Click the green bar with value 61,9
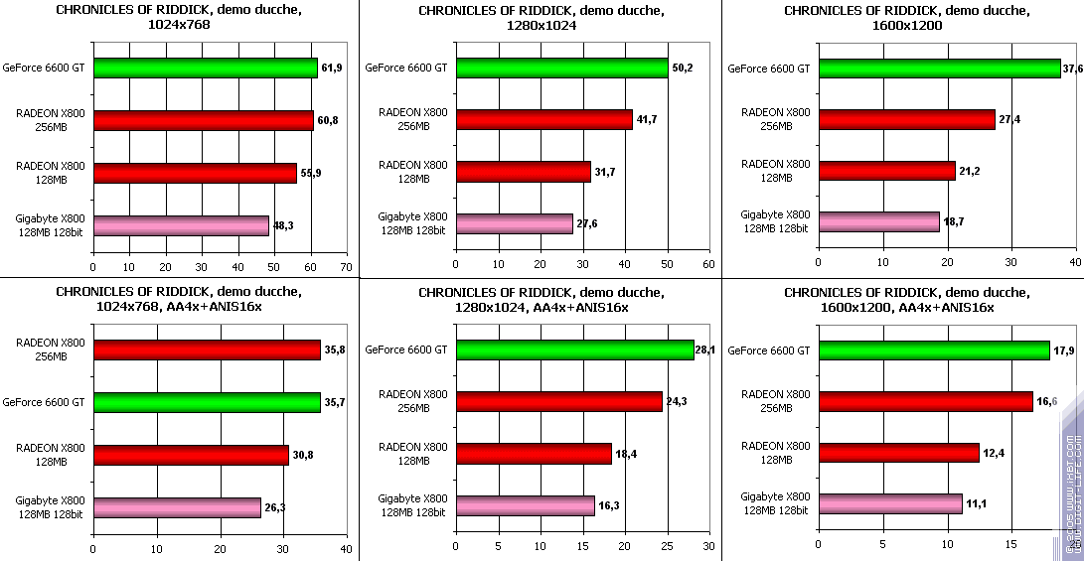[x=205, y=69]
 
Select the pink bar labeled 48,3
[x=181, y=225]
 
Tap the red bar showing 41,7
[x=543, y=120]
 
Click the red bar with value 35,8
[x=206, y=350]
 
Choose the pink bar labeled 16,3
[x=525, y=505]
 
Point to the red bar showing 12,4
[x=898, y=453]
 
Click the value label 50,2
[x=681, y=68]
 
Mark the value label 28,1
[x=706, y=349]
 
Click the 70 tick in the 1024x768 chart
[x=346, y=267]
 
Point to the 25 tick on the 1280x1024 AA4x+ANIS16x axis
[x=667, y=547]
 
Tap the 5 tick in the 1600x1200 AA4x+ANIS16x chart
[x=882, y=547]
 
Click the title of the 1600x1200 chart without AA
[x=906, y=18]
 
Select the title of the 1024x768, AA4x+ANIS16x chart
[x=179, y=299]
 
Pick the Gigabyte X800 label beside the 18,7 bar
[x=775, y=220]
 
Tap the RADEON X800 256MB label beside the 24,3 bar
[x=413, y=401]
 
